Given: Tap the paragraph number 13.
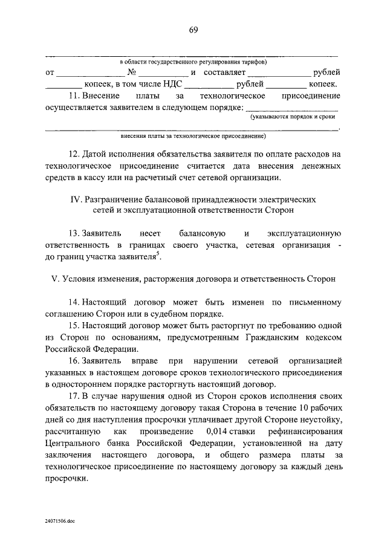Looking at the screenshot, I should pos(74,233).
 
